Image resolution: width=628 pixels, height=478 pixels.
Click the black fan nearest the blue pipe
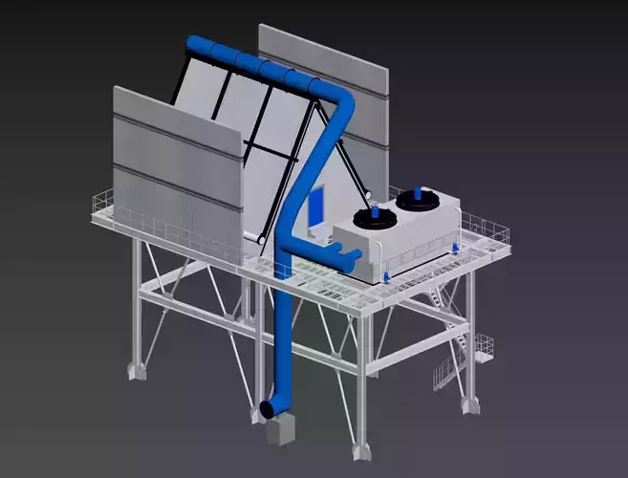click(x=378, y=217)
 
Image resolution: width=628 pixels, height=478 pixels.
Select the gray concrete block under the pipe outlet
click(x=280, y=432)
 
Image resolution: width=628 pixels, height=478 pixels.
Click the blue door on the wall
click(x=316, y=205)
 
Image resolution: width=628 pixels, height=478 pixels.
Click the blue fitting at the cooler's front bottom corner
click(x=385, y=277)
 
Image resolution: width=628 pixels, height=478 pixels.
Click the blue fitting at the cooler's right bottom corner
click(x=455, y=246)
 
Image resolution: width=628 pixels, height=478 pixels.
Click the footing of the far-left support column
click(x=136, y=369)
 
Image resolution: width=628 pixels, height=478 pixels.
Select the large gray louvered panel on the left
click(x=177, y=172)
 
